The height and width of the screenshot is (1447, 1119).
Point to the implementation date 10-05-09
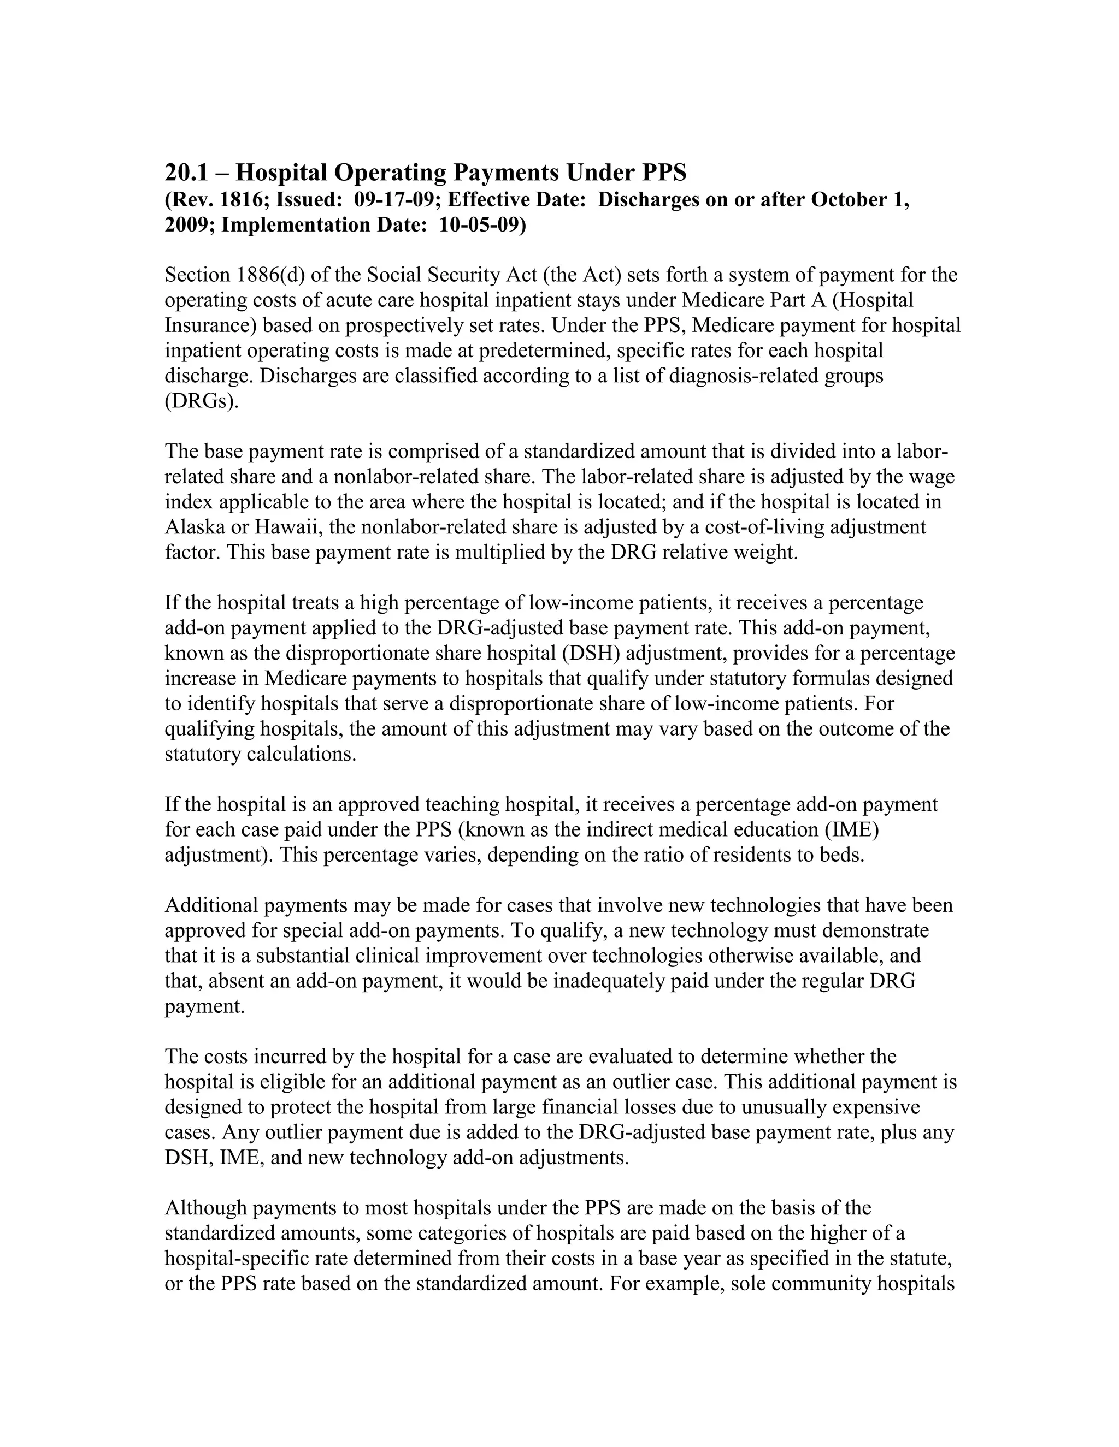(x=479, y=226)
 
